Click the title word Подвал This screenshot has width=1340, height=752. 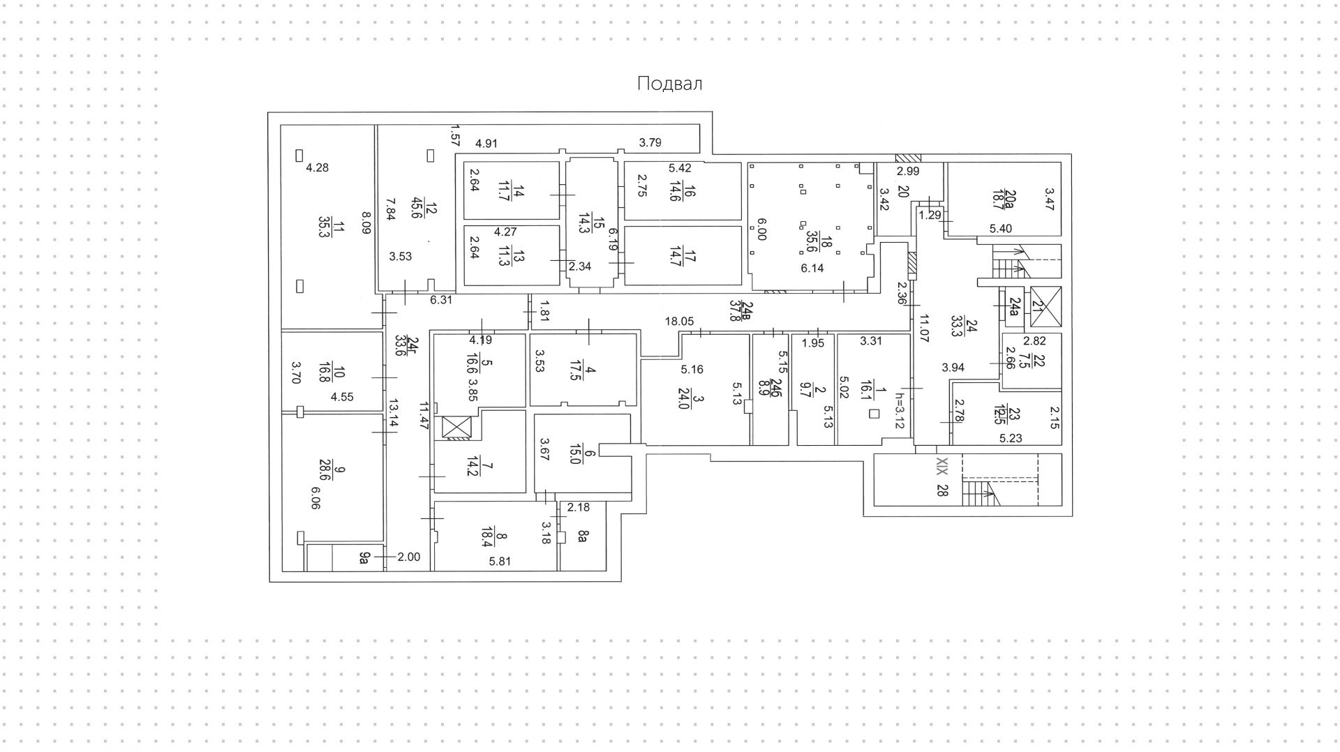669,84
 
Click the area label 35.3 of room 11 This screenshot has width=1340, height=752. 324,227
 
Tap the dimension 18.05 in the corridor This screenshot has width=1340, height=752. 679,322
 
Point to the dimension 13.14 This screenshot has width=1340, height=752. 393,414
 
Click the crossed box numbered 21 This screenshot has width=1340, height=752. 1045,306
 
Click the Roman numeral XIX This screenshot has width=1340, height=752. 941,466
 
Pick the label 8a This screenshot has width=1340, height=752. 583,536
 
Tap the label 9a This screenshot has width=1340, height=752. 364,557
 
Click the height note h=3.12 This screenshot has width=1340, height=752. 899,411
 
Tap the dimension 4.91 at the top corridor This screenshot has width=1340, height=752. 486,144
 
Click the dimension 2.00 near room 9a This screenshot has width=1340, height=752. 409,557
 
